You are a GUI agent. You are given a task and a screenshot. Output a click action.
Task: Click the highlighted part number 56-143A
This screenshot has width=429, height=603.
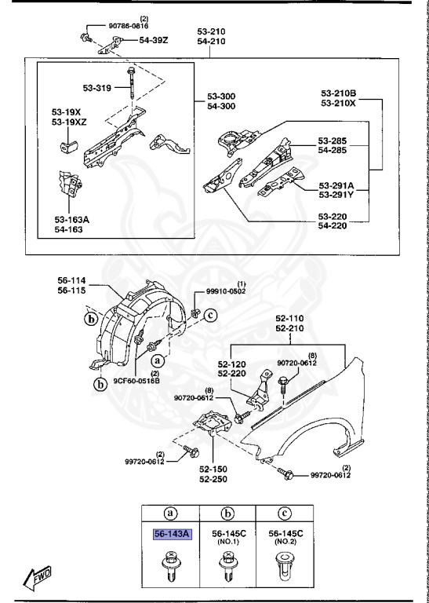tap(171, 534)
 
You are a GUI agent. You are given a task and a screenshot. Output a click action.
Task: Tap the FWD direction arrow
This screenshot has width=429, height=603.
tap(38, 579)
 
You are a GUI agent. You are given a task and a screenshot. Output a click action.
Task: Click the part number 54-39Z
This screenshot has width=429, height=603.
tap(154, 40)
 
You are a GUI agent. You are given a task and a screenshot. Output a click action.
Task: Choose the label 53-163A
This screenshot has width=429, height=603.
tap(71, 220)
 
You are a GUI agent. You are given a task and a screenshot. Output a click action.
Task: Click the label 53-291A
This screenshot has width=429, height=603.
tap(336, 186)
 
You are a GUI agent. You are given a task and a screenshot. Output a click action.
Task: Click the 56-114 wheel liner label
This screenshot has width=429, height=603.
tap(72, 279)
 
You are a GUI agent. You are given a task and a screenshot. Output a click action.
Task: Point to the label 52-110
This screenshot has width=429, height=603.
tap(289, 320)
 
